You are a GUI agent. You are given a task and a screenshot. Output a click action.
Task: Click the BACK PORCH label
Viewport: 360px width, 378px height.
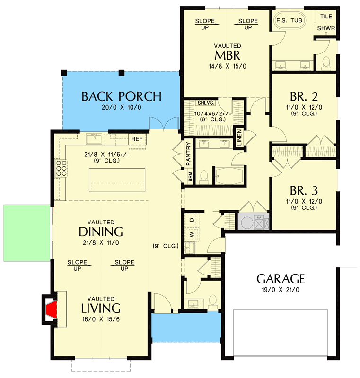(122, 96)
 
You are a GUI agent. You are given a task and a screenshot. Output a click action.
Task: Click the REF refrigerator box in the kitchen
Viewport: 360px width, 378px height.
(137, 139)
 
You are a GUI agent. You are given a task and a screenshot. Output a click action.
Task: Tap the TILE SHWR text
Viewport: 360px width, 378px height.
(326, 22)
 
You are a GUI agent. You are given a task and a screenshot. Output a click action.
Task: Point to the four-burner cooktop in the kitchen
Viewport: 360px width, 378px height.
(61, 169)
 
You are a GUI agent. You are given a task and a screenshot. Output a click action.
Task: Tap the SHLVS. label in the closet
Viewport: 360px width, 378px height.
(205, 103)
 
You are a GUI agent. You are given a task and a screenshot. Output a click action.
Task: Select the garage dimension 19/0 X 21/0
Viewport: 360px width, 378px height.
(281, 290)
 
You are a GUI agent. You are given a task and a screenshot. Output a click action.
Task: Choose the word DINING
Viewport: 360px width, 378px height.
(101, 232)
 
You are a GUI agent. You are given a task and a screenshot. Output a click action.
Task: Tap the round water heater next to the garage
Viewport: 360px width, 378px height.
(246, 222)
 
